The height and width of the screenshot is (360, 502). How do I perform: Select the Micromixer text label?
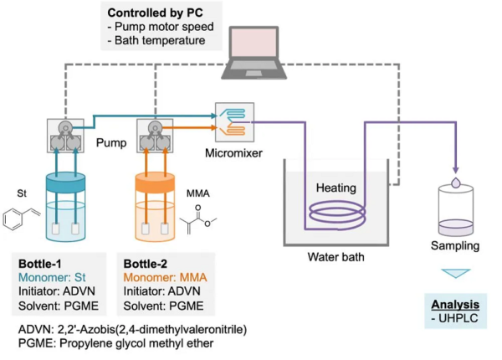point(233,152)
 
